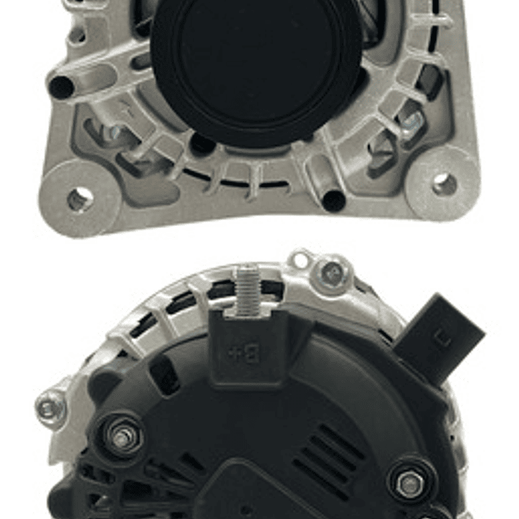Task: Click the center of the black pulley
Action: coord(256,69)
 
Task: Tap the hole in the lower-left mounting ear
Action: coord(79,199)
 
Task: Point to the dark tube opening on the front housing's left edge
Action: coord(61,87)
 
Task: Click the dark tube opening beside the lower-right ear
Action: coord(333,201)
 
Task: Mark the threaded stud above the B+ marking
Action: coord(248,289)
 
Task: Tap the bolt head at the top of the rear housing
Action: coord(333,272)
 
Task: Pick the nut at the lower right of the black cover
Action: coord(409,484)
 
